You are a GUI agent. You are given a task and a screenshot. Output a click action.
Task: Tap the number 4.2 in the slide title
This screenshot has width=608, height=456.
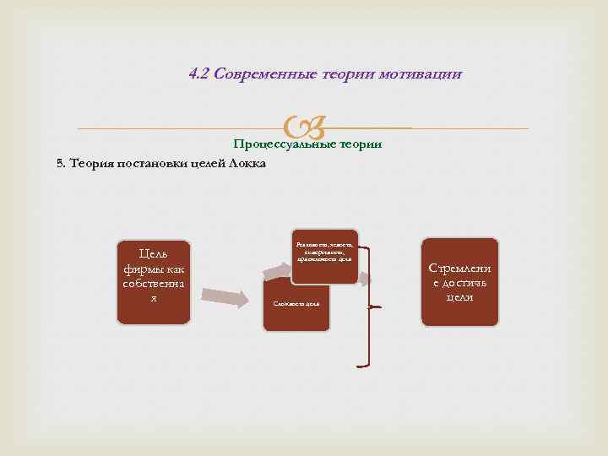coord(199,74)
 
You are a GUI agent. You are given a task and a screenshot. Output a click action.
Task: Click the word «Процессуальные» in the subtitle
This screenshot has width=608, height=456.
coord(283,144)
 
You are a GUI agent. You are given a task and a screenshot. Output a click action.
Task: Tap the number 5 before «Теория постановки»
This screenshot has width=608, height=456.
coord(59,163)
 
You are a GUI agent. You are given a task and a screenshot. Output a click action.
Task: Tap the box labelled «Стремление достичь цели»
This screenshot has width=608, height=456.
coord(459,281)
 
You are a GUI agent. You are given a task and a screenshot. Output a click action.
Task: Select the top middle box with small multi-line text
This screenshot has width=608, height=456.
coord(325,253)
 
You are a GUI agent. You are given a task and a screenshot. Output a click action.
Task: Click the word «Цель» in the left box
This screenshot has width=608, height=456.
coord(153,254)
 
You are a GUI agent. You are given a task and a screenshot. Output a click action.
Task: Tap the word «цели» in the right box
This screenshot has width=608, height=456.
coord(459,297)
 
